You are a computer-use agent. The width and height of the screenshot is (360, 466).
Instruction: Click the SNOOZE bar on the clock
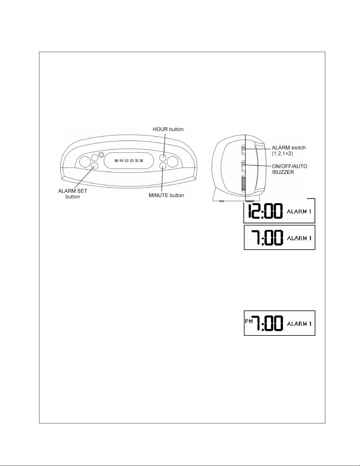(129, 161)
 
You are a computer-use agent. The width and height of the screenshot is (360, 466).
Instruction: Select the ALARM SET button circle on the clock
(94, 166)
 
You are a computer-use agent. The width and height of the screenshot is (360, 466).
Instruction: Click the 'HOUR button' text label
(168, 129)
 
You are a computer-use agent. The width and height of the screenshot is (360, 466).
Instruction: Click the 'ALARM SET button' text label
(73, 194)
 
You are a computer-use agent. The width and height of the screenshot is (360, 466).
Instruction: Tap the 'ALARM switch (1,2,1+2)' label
(289, 150)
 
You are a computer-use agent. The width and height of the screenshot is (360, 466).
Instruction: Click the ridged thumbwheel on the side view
(243, 184)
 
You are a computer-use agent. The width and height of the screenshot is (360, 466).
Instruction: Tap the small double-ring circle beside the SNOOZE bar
(101, 155)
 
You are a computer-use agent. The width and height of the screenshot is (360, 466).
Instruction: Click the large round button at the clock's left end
(85, 162)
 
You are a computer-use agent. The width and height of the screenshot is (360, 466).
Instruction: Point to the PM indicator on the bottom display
(249, 321)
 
